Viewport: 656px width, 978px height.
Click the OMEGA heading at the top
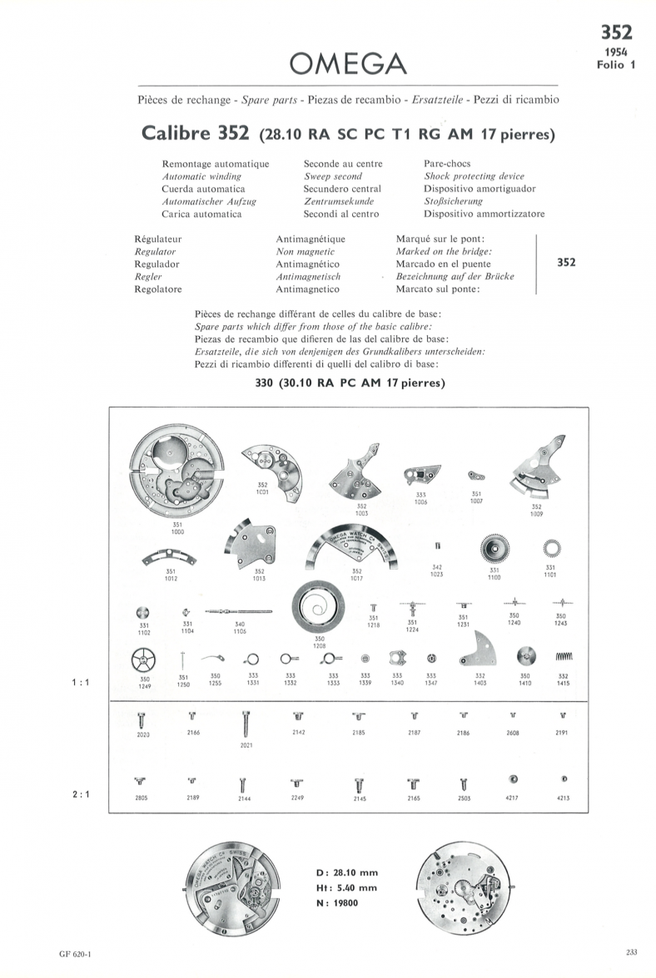pos(347,62)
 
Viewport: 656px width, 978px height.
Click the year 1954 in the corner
pos(617,52)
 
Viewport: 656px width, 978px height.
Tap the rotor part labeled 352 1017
pos(356,549)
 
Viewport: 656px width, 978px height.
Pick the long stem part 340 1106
pos(240,611)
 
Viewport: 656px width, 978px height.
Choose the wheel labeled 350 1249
pos(144,662)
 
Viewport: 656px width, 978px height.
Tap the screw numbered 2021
pos(246,723)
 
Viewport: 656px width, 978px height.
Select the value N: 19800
pos(337,902)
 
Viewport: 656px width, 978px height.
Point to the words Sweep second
pos(333,176)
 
